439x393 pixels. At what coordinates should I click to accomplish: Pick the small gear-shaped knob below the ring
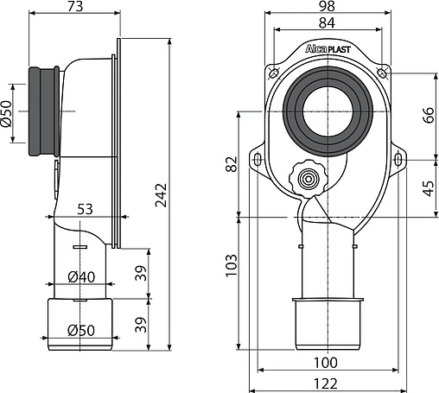(x=306, y=180)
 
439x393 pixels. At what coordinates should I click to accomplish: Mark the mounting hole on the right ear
(x=399, y=158)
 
